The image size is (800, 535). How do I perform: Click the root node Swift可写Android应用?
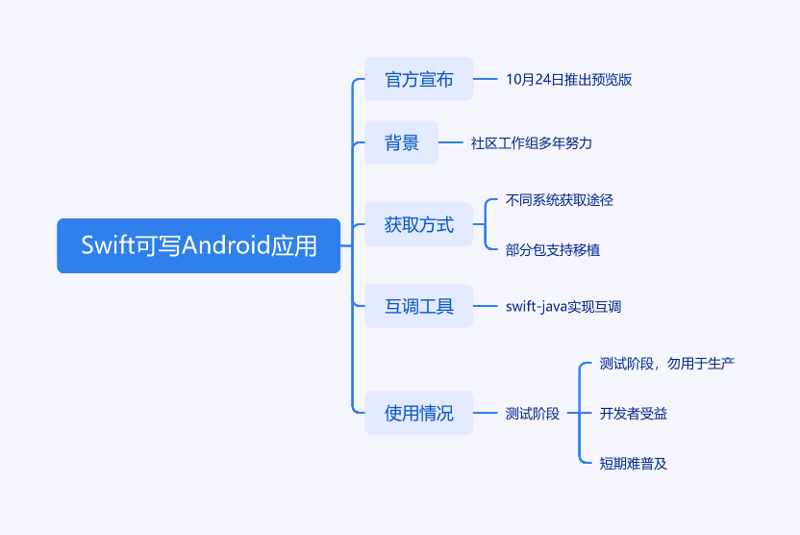click(198, 245)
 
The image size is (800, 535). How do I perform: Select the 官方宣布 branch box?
click(418, 79)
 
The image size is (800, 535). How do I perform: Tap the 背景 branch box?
click(401, 142)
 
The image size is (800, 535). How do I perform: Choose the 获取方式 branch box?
click(418, 225)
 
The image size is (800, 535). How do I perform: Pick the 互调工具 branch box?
click(418, 306)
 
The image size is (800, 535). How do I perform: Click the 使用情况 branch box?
click(418, 413)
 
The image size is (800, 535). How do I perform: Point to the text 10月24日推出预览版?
click(568, 80)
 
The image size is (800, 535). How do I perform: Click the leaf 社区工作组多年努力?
click(532, 143)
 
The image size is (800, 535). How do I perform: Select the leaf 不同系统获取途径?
click(560, 200)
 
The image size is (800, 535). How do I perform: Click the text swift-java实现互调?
click(563, 307)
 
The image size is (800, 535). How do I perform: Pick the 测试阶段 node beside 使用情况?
click(533, 414)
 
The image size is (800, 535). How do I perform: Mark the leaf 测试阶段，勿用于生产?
click(667, 364)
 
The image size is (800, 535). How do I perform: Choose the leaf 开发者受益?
click(634, 414)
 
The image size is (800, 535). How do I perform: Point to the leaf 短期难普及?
click(634, 464)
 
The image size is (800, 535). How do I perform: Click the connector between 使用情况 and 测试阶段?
click(485, 413)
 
